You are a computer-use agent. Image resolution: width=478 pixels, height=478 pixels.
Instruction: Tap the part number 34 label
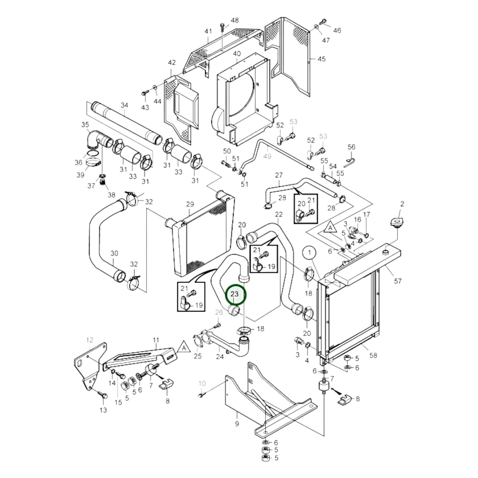tap(124, 106)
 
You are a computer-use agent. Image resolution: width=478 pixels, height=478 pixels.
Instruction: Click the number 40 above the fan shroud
tap(237, 54)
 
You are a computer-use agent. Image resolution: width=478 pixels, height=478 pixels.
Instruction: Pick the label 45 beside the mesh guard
tap(321, 59)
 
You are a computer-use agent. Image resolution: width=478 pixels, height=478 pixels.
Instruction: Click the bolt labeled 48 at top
tap(223, 27)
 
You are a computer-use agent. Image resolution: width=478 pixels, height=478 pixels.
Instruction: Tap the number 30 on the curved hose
tap(114, 253)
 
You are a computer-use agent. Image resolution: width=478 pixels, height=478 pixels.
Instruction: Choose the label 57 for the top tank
tap(398, 281)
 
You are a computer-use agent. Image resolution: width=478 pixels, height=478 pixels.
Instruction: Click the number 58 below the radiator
tap(373, 355)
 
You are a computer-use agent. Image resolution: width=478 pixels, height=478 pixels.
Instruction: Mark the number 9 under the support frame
tap(237, 424)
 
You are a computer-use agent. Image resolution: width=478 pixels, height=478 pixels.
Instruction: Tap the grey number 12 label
tap(90, 340)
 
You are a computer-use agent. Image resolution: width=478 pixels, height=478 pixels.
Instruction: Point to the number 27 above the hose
tap(279, 175)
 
